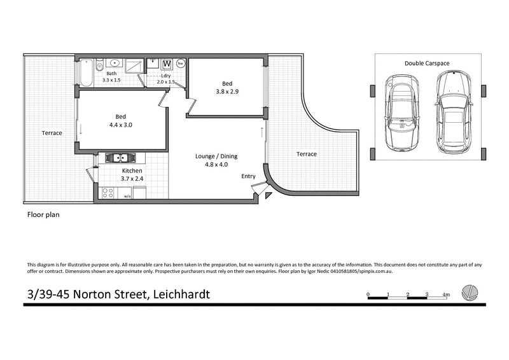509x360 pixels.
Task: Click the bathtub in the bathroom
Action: [85, 72]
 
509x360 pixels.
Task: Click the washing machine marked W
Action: [167, 64]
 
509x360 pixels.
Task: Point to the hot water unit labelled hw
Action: [181, 64]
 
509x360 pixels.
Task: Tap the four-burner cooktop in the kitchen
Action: [108, 191]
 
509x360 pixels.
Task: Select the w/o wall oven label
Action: [127, 196]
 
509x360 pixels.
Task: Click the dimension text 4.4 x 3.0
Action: [120, 125]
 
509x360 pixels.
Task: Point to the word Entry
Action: [248, 176]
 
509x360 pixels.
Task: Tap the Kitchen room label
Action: [132, 171]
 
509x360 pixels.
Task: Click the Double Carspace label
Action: [427, 63]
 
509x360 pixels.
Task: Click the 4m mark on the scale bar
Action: [447, 294]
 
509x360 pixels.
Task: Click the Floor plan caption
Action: [43, 215]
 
